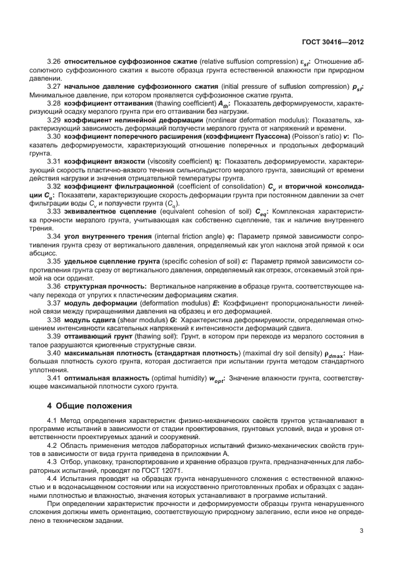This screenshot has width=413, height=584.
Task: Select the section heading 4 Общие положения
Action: pyautogui.click(x=90, y=405)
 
